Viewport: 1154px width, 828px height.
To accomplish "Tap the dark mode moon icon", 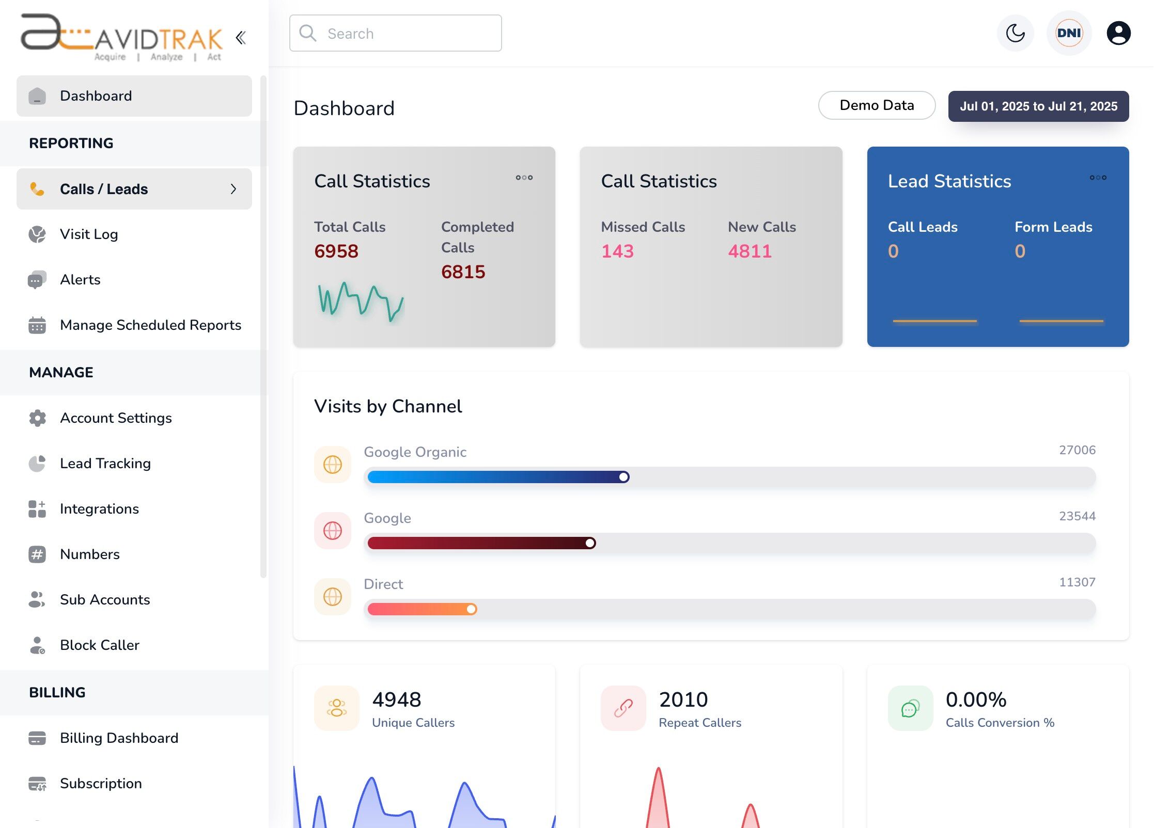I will (x=1015, y=34).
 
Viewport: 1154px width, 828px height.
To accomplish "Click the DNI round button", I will (x=1069, y=34).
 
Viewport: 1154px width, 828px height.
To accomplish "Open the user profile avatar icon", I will (x=1118, y=34).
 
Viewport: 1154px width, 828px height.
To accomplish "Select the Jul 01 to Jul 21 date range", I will (x=1038, y=106).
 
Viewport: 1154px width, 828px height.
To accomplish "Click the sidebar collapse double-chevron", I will (x=241, y=38).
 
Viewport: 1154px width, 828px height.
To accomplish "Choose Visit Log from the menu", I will (x=89, y=234).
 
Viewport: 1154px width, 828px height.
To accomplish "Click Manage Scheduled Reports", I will (x=150, y=325).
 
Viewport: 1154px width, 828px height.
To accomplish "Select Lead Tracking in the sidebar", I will (x=105, y=464).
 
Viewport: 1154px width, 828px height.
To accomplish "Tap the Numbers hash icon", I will (x=37, y=554).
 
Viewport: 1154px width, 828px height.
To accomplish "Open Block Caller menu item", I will (x=100, y=645).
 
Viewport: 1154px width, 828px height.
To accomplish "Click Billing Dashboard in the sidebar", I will (x=119, y=738).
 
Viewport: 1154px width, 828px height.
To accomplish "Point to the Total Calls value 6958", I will (x=336, y=251).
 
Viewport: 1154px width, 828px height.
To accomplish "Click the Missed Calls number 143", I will (x=617, y=251).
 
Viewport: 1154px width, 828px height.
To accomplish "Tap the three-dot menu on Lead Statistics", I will (x=1098, y=178).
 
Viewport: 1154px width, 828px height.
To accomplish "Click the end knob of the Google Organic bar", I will (x=624, y=477).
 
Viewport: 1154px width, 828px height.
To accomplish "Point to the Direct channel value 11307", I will (x=1077, y=582).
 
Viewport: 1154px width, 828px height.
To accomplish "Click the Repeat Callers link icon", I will (x=623, y=708).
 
